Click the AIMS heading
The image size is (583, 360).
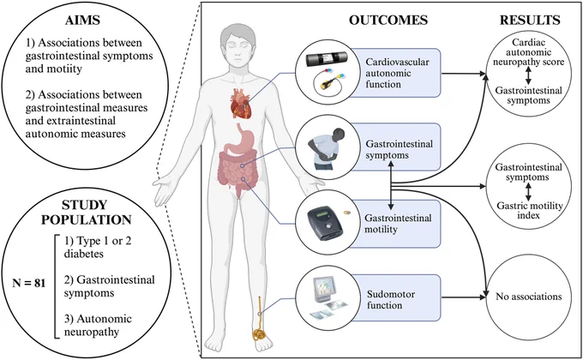tap(83, 20)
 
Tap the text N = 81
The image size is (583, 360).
tap(28, 283)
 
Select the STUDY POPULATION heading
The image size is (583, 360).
tap(86, 212)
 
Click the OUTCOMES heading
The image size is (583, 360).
tap(388, 20)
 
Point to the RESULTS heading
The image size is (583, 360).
tap(530, 20)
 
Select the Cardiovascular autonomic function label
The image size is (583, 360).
tap(397, 73)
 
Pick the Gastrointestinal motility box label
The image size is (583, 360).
tap(398, 223)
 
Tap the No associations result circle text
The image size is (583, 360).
tap(528, 297)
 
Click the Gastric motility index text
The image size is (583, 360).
tap(530, 210)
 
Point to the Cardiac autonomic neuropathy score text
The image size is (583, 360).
tap(528, 52)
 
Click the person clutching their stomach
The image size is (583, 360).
tap(326, 149)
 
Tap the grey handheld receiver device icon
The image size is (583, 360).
tap(324, 222)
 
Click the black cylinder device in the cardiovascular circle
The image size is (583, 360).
tap(327, 59)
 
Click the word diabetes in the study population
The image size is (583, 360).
tap(84, 254)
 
